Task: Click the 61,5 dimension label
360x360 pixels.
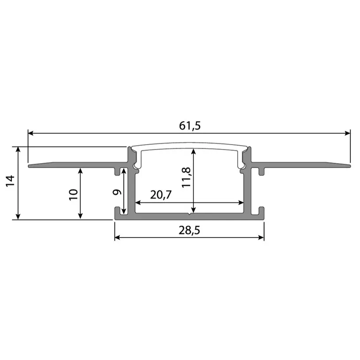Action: coord(190,126)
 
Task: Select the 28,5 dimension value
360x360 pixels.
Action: coord(190,230)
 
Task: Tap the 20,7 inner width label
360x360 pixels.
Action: coord(161,195)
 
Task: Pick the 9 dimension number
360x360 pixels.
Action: coord(117,192)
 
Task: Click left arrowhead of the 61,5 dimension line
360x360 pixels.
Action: coord(31,132)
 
